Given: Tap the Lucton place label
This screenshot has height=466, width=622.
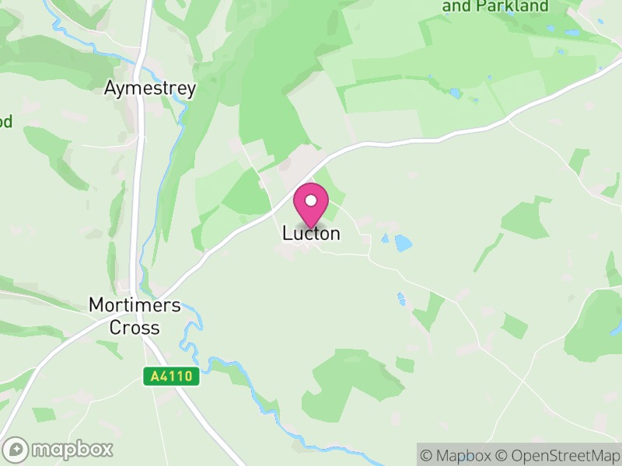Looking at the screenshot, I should (311, 233).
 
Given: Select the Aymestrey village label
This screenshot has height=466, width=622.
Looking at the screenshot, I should (150, 89).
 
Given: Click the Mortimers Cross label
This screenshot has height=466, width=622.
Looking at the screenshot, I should (135, 316).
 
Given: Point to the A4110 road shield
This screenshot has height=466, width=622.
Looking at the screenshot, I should (172, 377).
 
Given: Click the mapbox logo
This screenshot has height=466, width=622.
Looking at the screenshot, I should (58, 449).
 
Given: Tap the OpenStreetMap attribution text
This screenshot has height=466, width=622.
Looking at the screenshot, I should (558, 455).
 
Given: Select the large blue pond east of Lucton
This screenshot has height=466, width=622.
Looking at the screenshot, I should (403, 243).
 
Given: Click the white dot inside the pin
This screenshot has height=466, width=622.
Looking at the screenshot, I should (311, 200).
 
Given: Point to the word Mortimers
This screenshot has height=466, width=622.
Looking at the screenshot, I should (135, 305).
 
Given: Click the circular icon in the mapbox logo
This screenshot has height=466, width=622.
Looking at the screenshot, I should (16, 449).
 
